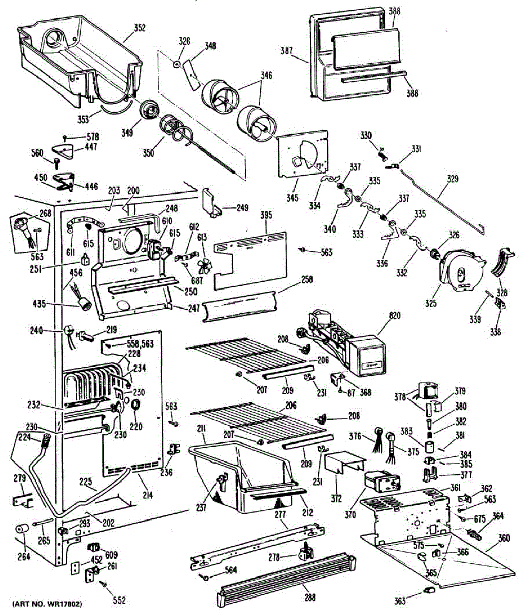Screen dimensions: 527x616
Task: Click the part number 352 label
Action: pos(140,28)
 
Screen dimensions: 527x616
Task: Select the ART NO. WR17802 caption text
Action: pos(47,604)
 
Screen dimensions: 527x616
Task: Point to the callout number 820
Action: pos(395,316)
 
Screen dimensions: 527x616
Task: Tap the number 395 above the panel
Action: pos(266,216)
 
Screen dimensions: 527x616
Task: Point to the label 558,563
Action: pos(140,344)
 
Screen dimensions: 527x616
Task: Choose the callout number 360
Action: pos(504,538)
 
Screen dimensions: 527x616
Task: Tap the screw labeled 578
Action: pos(65,138)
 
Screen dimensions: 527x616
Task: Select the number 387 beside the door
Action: pos(286,51)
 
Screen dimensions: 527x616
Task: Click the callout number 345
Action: pos(292,197)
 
